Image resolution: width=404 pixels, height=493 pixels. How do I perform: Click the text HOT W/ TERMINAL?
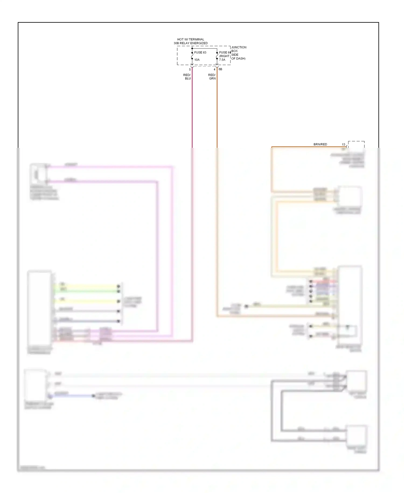click(190, 39)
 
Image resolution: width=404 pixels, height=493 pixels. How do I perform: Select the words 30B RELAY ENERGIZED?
click(190, 43)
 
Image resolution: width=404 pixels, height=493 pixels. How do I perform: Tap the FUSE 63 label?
click(200, 52)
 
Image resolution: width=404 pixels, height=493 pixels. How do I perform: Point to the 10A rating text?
click(197, 60)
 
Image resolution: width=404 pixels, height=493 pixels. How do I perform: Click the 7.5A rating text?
click(222, 60)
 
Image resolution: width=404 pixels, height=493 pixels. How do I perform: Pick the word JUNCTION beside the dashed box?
click(239, 47)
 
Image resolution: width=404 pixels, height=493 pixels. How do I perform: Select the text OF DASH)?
click(238, 59)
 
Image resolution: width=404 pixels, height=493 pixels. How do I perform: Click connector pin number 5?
click(190, 70)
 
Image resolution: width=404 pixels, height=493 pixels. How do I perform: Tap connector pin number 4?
click(214, 70)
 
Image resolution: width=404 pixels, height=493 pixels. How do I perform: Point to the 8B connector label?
click(220, 69)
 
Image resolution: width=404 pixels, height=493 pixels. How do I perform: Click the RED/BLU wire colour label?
click(187, 77)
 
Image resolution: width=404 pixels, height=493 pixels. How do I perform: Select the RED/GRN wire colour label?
click(212, 77)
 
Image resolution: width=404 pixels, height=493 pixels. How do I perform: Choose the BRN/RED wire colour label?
click(320, 144)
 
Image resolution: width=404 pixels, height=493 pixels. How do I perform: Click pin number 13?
click(343, 145)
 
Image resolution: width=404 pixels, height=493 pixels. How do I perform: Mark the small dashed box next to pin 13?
click(356, 144)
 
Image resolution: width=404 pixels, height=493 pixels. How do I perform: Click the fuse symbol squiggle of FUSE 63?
click(192, 56)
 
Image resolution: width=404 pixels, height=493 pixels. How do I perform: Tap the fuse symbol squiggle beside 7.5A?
click(217, 56)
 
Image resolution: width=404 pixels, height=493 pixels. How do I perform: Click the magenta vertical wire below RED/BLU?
click(192, 113)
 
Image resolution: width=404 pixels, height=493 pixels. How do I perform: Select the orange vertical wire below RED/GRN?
click(217, 113)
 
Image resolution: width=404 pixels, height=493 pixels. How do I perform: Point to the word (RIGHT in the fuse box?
click(224, 56)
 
